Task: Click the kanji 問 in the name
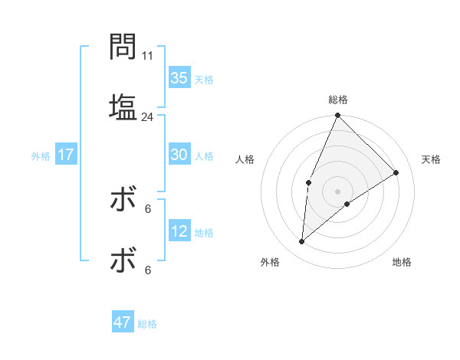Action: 123,47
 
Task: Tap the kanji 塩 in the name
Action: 123,106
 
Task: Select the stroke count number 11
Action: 148,56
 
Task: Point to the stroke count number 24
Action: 148,117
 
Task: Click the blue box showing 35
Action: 179,78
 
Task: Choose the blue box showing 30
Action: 179,155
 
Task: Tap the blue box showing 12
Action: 179,231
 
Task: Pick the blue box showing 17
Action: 66,155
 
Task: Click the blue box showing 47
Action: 123,322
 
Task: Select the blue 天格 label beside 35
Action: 204,80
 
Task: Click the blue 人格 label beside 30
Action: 204,156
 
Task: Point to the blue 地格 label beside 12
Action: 204,233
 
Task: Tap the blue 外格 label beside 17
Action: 41,156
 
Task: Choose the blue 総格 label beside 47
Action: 147,324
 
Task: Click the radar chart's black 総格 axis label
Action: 337,100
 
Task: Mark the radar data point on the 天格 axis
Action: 396,172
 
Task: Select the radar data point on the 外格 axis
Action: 302,242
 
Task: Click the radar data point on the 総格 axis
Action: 337,116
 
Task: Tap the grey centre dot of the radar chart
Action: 337,191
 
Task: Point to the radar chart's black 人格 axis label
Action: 245,159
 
